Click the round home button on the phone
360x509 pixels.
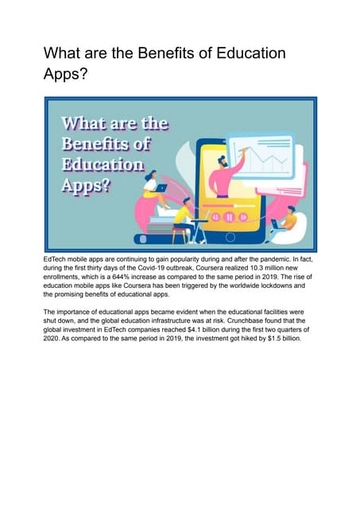(231, 237)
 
